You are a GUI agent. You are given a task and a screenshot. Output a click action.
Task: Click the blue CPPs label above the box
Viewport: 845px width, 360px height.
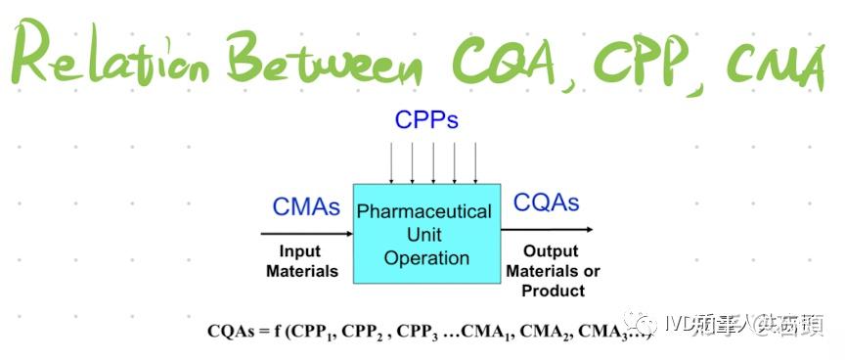426,119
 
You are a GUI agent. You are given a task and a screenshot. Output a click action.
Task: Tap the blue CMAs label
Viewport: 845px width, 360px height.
306,207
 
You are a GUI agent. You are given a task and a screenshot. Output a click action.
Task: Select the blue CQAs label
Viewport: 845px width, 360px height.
546,203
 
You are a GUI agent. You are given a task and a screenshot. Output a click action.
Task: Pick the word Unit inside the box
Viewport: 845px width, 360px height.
425,235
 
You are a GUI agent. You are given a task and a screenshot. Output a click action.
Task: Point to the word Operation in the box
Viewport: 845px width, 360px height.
426,258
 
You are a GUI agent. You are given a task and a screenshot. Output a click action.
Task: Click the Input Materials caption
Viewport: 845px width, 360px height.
302,261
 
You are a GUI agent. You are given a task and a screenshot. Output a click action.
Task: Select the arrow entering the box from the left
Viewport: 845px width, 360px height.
306,234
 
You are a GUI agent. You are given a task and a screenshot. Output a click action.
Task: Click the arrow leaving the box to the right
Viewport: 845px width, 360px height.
546,230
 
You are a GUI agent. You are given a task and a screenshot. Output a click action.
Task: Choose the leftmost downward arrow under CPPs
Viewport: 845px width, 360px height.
391,162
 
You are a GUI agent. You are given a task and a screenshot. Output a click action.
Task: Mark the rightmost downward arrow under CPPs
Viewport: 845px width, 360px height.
475,162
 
